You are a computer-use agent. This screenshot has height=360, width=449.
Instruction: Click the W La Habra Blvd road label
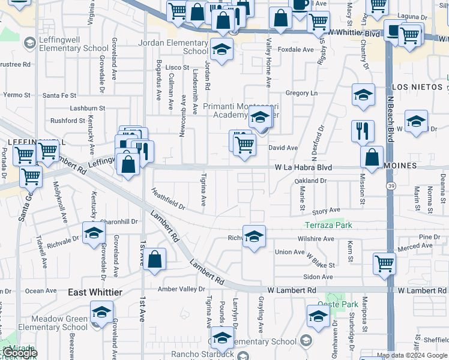pyautogui.click(x=304, y=167)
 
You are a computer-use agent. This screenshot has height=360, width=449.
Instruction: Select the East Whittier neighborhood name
pyautogui.click(x=95, y=292)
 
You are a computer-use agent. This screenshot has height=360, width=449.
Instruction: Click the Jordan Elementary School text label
pyautogui.click(x=173, y=47)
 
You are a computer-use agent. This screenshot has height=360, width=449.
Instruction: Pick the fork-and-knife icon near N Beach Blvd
pyautogui.click(x=363, y=131)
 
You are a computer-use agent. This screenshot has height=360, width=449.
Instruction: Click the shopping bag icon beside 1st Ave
pyautogui.click(x=154, y=259)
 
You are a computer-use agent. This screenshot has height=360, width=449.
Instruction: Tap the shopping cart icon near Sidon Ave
pyautogui.click(x=384, y=263)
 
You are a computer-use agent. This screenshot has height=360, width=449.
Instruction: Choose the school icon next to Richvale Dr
pyautogui.click(x=94, y=234)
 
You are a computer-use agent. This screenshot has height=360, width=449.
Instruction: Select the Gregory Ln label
pyautogui.click(x=301, y=93)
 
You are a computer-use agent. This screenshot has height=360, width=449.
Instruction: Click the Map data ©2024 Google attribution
pyautogui.click(x=412, y=355)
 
